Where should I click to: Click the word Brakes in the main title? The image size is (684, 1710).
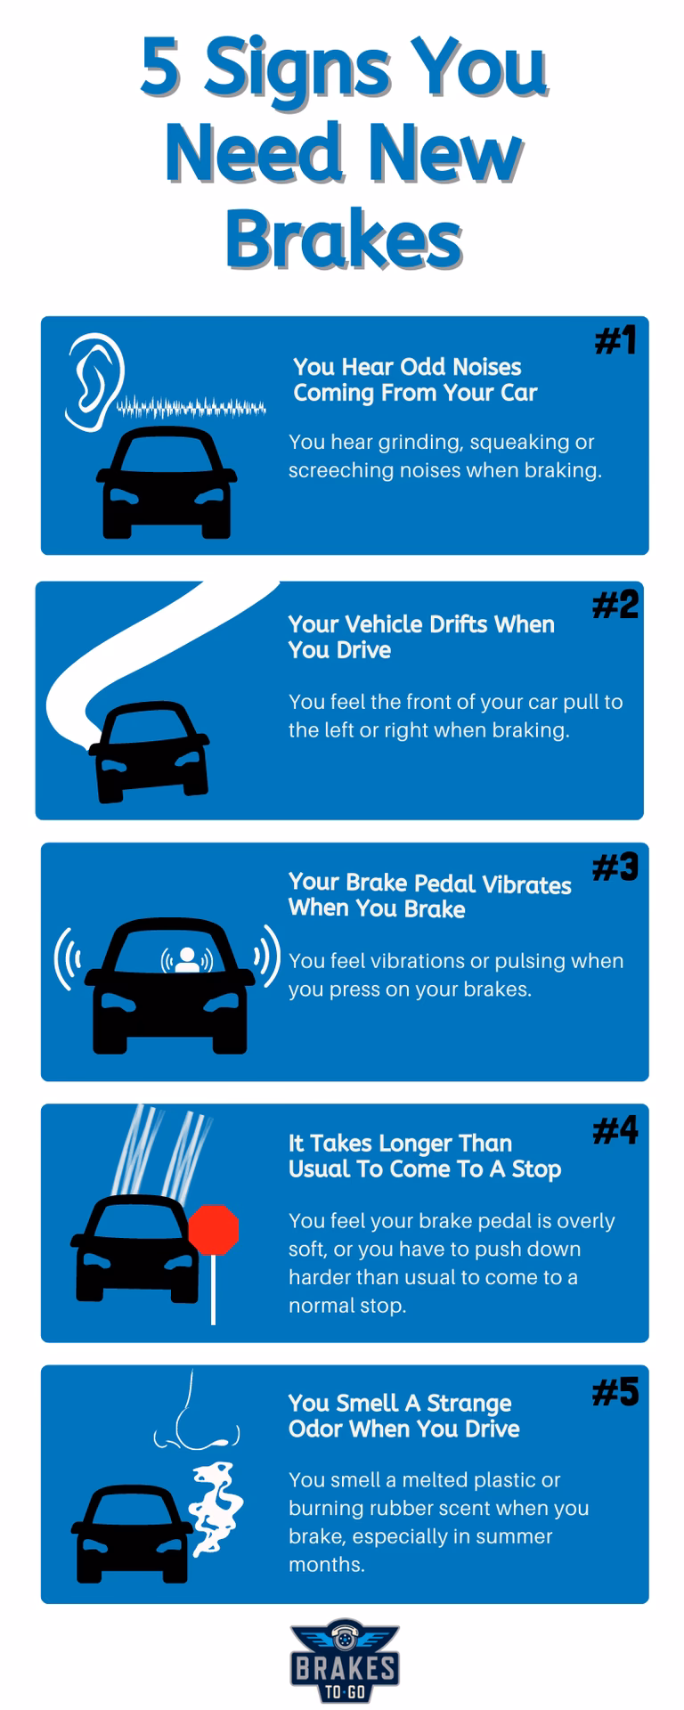343,239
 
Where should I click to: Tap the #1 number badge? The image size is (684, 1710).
615,340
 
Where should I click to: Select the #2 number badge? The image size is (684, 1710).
615,605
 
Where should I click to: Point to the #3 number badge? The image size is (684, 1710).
615,867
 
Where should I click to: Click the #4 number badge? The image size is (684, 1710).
615,1131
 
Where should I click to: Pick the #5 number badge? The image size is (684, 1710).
615,1392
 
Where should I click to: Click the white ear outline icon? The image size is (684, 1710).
94,382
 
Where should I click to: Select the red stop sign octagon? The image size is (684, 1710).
213,1230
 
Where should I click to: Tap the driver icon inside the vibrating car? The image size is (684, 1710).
187,959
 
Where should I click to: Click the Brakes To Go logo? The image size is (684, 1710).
343,1661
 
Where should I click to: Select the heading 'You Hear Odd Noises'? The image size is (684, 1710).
407,367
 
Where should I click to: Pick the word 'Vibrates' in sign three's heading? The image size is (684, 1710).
528,884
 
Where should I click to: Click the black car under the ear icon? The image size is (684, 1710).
166,482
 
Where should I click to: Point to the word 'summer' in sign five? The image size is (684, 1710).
510,1536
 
